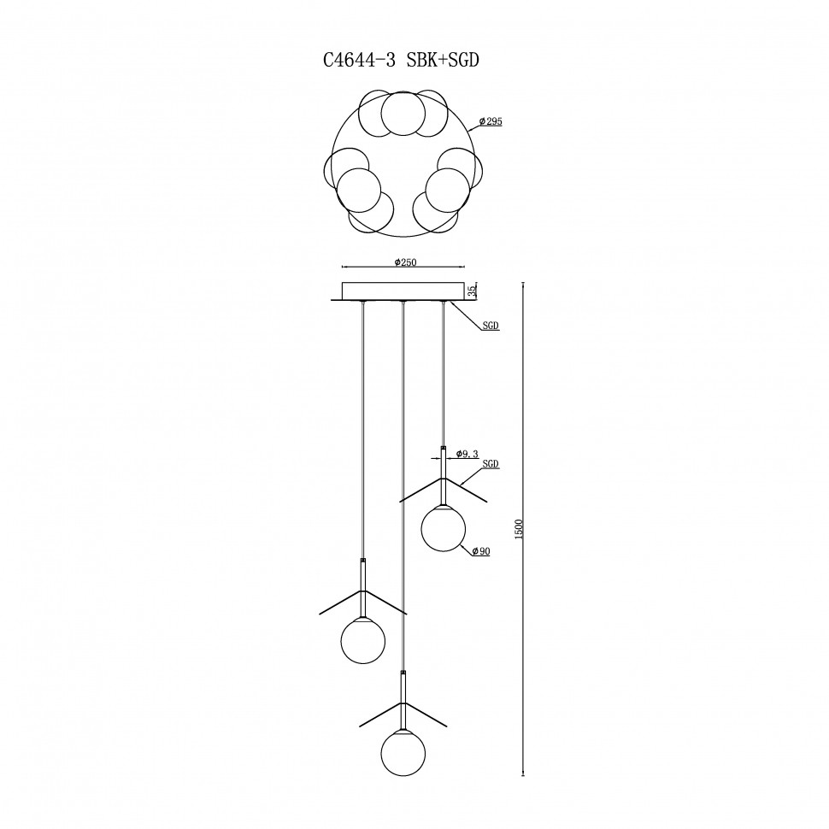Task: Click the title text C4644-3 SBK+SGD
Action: coord(401,61)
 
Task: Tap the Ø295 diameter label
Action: coord(491,121)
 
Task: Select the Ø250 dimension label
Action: coord(405,262)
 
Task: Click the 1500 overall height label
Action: coord(519,529)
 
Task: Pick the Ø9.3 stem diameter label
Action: coord(467,454)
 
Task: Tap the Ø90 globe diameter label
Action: coord(481,551)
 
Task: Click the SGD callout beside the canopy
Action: coord(491,326)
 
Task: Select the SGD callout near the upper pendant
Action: coord(490,464)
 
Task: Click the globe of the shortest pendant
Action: coord(443,529)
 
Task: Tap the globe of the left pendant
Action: coord(362,641)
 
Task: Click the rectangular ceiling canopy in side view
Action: coord(403,291)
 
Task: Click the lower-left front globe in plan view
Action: coord(359,190)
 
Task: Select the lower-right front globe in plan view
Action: coord(447,190)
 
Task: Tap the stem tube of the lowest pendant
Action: coord(403,701)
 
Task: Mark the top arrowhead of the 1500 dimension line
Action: coord(523,285)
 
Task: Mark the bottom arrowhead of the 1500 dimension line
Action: coord(523,773)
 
